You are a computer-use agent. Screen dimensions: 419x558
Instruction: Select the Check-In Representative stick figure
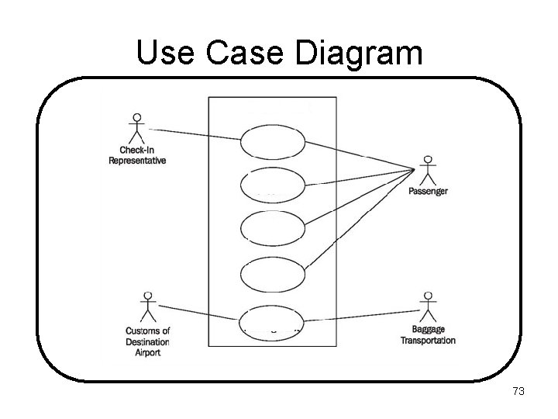click(x=137, y=129)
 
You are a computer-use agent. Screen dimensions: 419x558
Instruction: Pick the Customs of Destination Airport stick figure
click(x=146, y=309)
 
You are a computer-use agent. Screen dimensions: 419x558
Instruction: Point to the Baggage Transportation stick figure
click(x=427, y=307)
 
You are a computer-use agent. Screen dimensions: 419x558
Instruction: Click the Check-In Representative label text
click(x=137, y=155)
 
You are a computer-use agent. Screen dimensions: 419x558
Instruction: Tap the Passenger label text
click(x=428, y=191)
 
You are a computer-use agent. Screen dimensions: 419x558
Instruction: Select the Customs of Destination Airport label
click(x=147, y=341)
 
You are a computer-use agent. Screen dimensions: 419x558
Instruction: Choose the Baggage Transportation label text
click(x=428, y=335)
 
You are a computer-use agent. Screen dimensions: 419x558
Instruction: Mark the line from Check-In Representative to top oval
click(x=194, y=134)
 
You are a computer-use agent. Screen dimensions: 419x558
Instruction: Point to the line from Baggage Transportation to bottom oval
click(x=360, y=317)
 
